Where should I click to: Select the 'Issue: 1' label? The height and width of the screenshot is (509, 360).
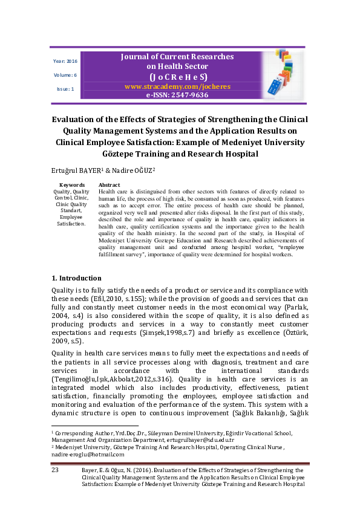(x=65, y=89)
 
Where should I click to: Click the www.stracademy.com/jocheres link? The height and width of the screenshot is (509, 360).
(x=177, y=86)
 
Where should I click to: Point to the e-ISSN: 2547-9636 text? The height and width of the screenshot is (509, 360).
(x=177, y=95)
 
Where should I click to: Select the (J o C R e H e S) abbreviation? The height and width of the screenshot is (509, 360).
(x=178, y=77)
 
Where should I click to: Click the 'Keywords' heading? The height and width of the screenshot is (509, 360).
(x=72, y=185)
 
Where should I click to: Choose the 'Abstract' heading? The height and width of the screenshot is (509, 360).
(x=109, y=185)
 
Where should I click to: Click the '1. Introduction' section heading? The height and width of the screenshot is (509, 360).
(x=76, y=278)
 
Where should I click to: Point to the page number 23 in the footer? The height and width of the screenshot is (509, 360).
(x=54, y=469)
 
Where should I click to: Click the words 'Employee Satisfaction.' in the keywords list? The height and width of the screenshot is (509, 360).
(x=71, y=219)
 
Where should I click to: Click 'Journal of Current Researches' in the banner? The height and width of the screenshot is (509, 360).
(x=177, y=56)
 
